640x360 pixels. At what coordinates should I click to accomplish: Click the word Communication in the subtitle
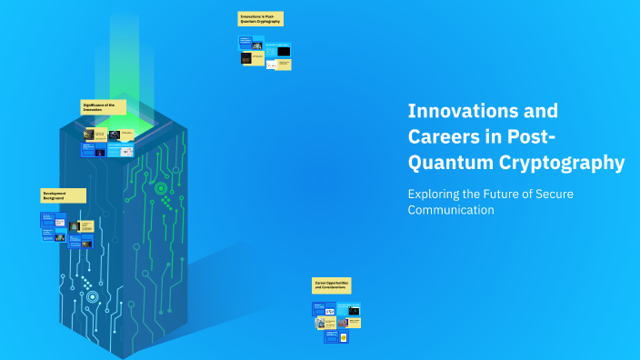[451, 210]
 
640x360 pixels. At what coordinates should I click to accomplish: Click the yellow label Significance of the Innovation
[104, 106]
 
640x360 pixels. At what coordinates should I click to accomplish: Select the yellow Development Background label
[64, 195]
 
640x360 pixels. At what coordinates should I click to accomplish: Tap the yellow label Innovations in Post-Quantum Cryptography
[261, 19]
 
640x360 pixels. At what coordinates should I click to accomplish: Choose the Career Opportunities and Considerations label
[332, 285]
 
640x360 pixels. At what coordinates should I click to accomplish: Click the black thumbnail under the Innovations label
[284, 52]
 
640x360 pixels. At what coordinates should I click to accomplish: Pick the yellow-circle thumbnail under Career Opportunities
[331, 336]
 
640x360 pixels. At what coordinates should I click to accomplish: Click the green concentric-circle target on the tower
[161, 189]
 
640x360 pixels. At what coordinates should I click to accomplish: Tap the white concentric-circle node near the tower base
[91, 296]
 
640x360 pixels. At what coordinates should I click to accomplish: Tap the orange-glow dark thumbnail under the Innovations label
[245, 58]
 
